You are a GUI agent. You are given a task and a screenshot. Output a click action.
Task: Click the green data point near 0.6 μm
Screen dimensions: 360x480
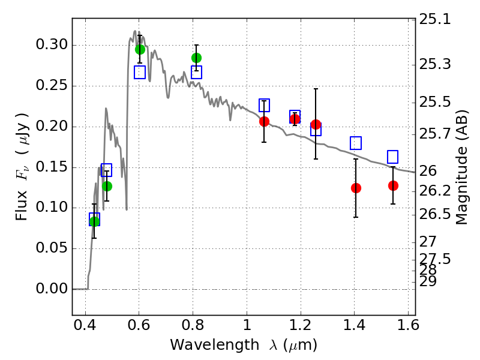coord(140,49)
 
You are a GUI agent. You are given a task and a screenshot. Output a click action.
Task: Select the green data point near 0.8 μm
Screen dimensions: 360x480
coord(196,58)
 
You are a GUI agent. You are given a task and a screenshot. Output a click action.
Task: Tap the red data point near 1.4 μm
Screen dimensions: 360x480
coord(356,188)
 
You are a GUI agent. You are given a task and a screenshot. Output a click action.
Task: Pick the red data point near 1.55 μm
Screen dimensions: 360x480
coord(393,185)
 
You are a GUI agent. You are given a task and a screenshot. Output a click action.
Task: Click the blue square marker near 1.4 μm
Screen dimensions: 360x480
coord(356,143)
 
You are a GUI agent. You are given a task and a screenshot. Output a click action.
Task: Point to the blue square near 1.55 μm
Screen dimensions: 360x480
coord(393,157)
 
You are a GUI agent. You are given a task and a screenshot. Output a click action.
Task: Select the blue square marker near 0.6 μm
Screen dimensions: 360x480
coord(140,72)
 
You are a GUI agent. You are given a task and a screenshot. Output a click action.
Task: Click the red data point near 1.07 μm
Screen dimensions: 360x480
coord(264,121)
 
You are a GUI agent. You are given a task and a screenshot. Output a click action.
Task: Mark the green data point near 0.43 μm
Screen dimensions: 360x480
coord(94,221)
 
